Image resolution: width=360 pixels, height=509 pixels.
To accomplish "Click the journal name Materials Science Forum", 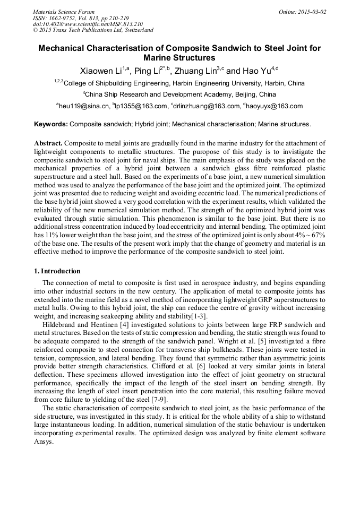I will tap(64, 12).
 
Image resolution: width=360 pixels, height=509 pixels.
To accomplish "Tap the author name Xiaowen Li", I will tap(101, 71).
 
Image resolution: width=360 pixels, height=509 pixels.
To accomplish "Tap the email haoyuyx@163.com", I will tap(273, 106).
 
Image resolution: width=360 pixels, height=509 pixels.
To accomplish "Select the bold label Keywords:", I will tap(51, 124).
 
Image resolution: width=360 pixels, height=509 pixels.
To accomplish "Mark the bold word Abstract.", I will tap(49, 143).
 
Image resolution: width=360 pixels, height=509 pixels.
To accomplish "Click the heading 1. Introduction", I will tap(57, 271).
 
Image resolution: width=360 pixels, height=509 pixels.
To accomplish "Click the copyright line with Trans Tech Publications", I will tap(93, 30).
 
